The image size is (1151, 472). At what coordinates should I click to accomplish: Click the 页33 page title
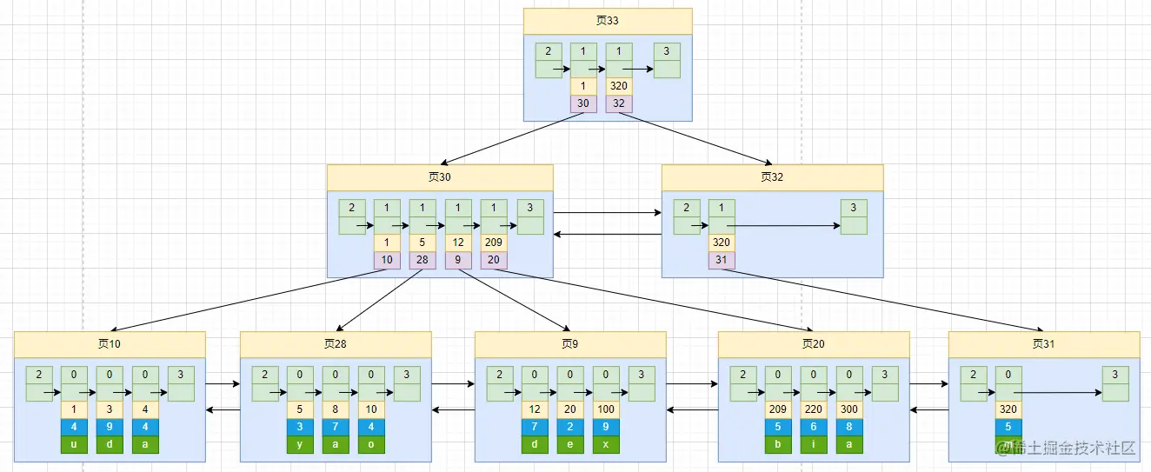click(608, 21)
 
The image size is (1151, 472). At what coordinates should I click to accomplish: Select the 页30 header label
click(440, 177)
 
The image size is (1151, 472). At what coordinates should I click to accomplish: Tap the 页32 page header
click(772, 177)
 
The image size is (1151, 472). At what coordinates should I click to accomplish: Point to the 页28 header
click(336, 344)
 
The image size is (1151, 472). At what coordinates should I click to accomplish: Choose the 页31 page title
click(1043, 344)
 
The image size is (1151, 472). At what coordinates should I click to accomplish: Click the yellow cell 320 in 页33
click(619, 87)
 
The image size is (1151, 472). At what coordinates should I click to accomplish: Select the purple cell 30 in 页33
click(583, 103)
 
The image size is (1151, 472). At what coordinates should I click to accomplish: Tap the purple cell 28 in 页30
click(422, 261)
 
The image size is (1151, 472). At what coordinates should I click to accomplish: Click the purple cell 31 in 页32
click(722, 261)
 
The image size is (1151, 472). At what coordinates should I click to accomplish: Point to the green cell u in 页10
click(74, 444)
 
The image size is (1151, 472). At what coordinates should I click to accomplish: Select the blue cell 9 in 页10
click(110, 427)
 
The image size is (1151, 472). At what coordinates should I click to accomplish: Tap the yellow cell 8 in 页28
click(336, 410)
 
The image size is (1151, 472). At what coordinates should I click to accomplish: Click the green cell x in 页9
click(606, 444)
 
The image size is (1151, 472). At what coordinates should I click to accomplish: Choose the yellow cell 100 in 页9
click(606, 410)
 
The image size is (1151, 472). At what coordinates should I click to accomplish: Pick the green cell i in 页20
click(814, 444)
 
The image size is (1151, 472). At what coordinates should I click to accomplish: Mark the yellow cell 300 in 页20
click(849, 410)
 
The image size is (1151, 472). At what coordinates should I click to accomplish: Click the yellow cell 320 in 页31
click(1008, 410)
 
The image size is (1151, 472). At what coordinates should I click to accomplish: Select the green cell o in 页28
click(371, 444)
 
